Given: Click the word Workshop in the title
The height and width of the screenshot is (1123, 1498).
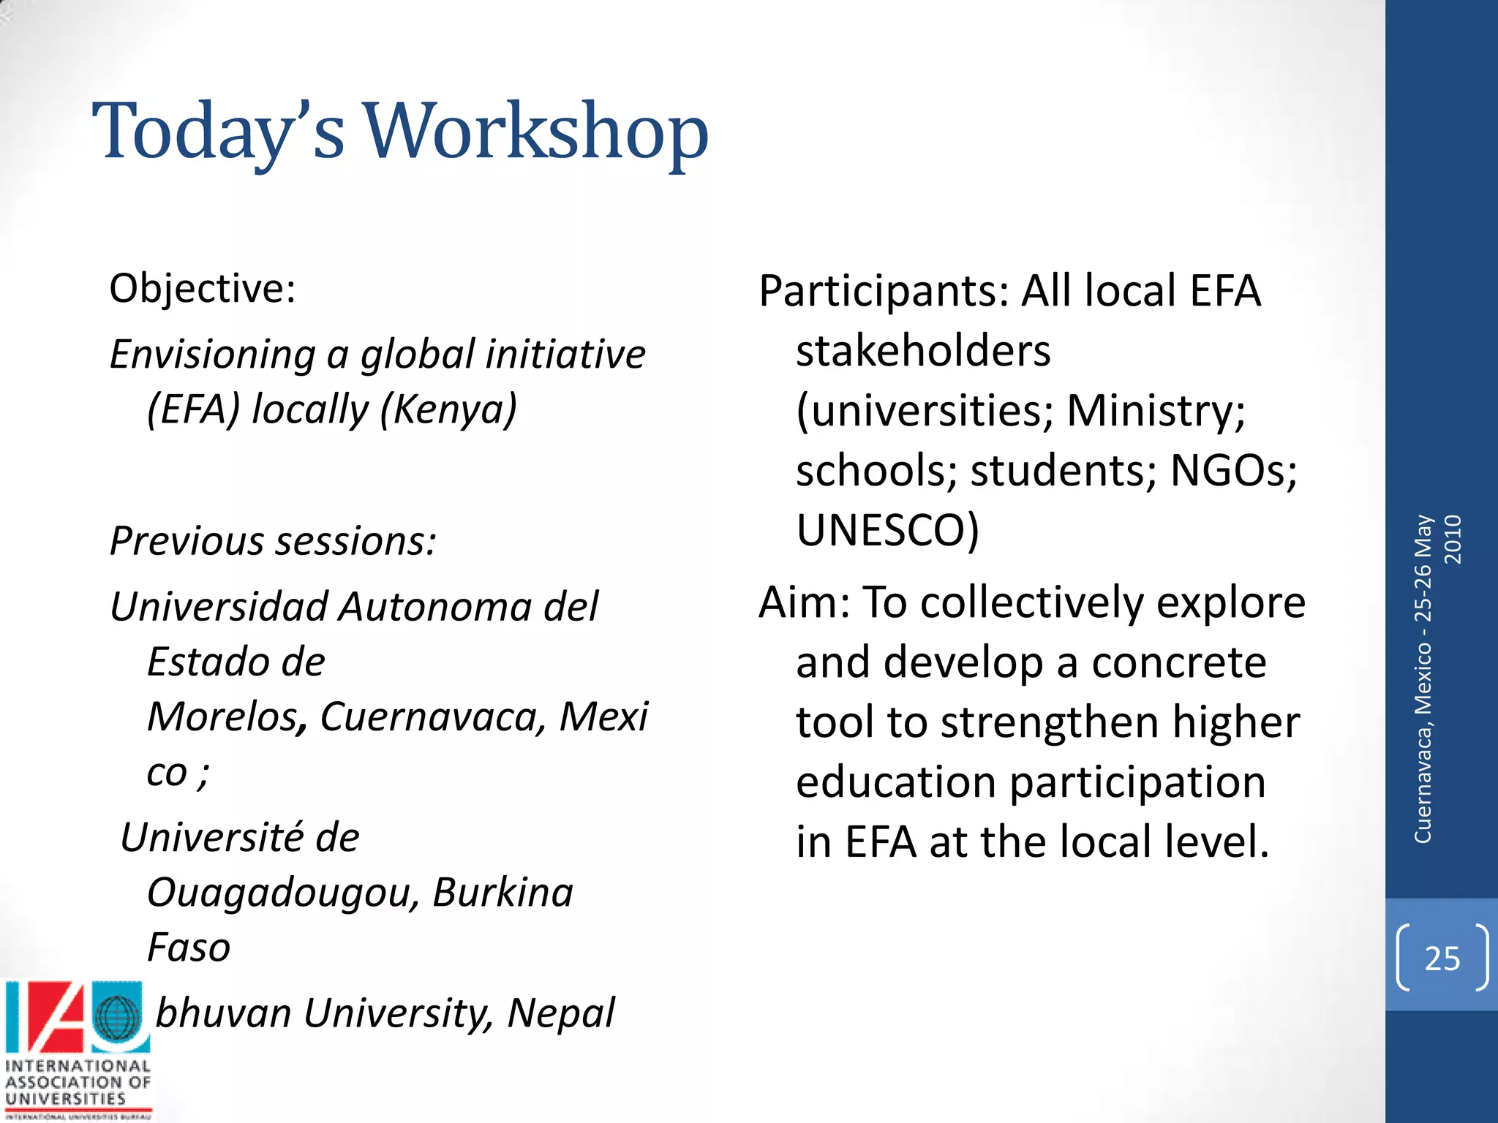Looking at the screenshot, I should pos(536,132).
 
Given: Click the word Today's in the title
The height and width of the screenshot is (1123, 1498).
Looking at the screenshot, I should pos(218,132).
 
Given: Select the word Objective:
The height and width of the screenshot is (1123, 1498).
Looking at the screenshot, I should pos(203,288).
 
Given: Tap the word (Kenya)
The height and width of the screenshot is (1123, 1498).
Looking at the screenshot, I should pos(448,409).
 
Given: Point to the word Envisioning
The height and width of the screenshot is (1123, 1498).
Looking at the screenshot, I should pos(212,355).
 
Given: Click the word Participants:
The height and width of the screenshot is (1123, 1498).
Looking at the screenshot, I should pos(884,291).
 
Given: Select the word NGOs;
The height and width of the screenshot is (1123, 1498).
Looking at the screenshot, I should pos(1233,470).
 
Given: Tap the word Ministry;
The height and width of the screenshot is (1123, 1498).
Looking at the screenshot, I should pos(1156,410).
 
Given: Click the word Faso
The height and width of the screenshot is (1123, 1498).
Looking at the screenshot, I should pos(189,948).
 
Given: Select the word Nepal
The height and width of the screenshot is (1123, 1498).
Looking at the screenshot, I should pos(560,1013).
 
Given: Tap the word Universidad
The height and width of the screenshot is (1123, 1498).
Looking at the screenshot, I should pos(219,607).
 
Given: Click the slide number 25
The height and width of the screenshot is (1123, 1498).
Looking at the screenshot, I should pos(1442,958).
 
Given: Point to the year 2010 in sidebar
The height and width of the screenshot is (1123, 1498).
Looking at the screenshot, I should pos(1453,540).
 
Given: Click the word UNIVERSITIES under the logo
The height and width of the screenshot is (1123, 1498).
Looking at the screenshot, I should pos(66,1099).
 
